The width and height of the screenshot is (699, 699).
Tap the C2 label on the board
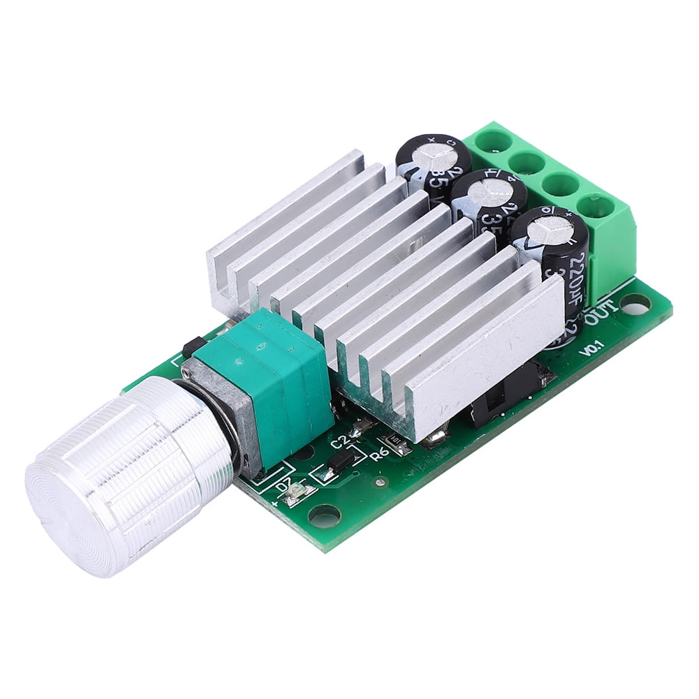339,441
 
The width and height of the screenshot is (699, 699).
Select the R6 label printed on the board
380,455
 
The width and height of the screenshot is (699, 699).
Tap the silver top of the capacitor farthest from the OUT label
427,156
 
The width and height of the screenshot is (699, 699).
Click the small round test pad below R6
379,481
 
